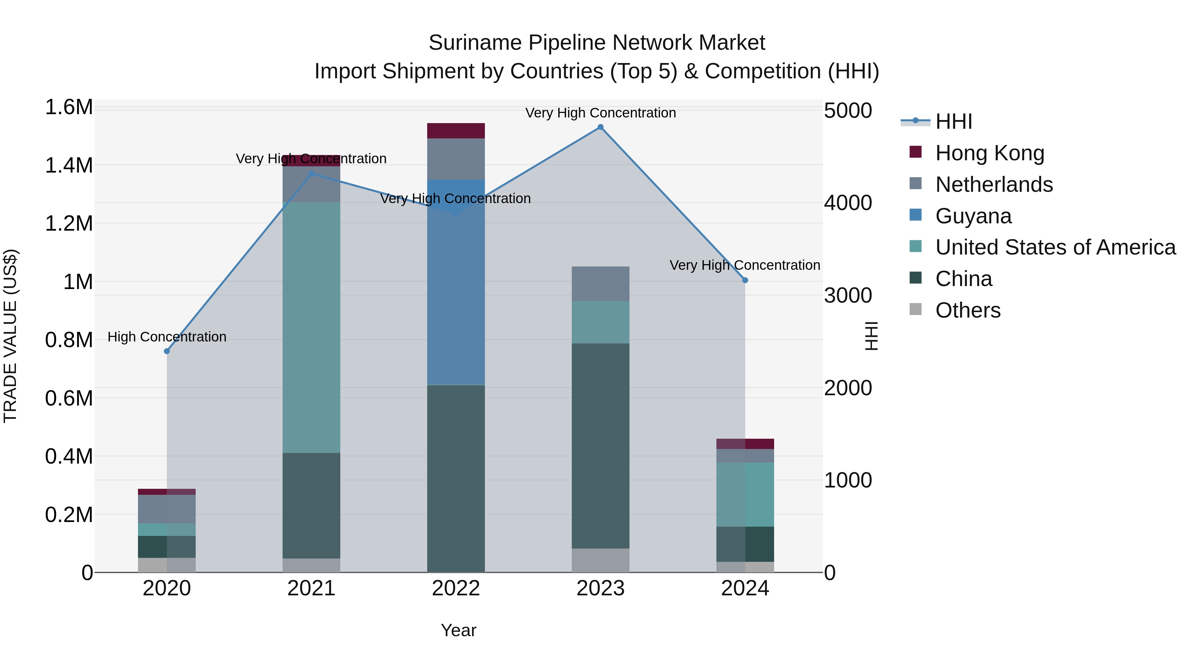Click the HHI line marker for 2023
point(600,127)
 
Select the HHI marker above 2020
point(167,351)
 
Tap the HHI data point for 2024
point(745,280)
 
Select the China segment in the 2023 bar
point(600,445)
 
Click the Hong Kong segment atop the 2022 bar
point(456,131)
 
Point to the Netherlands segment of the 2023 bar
point(600,283)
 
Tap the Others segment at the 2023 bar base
point(600,560)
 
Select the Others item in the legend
point(967,310)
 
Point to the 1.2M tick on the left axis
point(69,224)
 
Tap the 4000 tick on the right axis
point(848,203)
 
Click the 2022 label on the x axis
point(456,588)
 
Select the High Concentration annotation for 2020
point(167,337)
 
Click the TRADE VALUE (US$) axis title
point(10,336)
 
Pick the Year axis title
point(458,630)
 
